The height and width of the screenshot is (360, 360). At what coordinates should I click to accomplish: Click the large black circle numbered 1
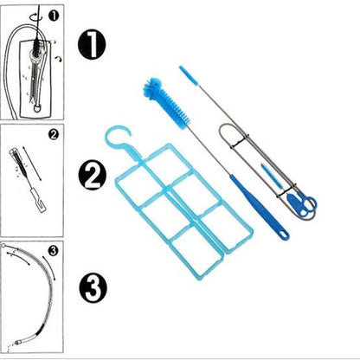pyautogui.click(x=92, y=45)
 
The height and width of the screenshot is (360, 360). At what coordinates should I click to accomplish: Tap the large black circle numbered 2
pyautogui.click(x=93, y=176)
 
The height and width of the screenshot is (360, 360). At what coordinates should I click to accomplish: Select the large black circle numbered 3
pyautogui.click(x=93, y=288)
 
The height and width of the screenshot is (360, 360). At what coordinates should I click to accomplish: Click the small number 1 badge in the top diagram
pyautogui.click(x=54, y=16)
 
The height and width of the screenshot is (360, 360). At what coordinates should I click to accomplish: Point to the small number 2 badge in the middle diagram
pyautogui.click(x=54, y=134)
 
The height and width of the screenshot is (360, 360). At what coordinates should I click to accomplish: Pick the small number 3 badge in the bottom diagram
pyautogui.click(x=54, y=250)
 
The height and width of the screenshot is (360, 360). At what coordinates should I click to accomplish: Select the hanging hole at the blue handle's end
pyautogui.click(x=283, y=235)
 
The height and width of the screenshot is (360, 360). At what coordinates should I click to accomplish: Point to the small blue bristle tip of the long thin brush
pyautogui.click(x=189, y=76)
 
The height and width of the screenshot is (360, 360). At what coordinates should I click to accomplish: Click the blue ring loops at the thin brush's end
pyautogui.click(x=303, y=204)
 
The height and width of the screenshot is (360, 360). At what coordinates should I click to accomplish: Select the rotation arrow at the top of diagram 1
pyautogui.click(x=36, y=16)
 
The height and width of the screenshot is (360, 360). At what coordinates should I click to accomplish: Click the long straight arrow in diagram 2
pyautogui.click(x=32, y=164)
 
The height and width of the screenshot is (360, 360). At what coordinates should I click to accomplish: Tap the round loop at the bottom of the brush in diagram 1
pyautogui.click(x=37, y=108)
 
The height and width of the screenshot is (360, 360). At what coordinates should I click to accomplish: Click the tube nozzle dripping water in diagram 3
pyautogui.click(x=19, y=342)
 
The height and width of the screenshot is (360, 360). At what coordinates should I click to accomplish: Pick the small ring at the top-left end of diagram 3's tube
pyautogui.click(x=3, y=246)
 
